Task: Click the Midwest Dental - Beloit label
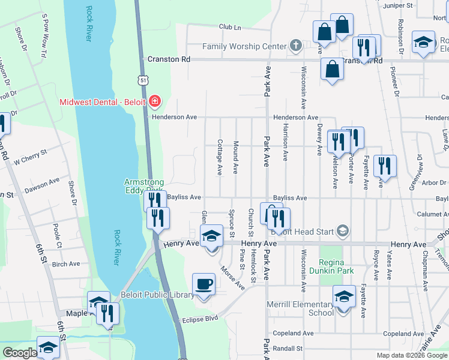pos(102,101)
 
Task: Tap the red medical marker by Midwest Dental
pos(155,101)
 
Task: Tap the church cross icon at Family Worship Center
pos(295,46)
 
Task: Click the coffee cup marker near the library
pos(203,284)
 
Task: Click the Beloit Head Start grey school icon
pos(343,231)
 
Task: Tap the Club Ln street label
pos(229,27)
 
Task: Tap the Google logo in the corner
pos(19,352)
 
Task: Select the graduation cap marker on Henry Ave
pos(211,237)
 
